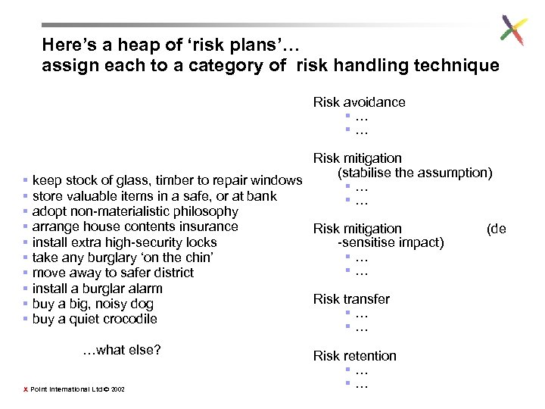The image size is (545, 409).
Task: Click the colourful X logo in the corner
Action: coord(513,31)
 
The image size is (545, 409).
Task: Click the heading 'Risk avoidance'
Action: coord(359,102)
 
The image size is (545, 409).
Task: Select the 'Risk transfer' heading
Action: coord(351,299)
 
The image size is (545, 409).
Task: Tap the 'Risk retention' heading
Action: coord(354,356)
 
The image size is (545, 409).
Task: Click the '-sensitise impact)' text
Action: coord(391,242)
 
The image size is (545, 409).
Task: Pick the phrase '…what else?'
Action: coord(122,350)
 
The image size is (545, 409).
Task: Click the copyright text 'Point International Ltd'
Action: coord(64,389)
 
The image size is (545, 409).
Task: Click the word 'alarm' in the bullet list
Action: coord(146,289)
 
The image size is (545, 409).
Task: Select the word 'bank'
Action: coord(262,196)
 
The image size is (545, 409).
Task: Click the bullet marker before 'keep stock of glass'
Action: coord(26,180)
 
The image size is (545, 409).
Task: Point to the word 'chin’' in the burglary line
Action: coord(198,258)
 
